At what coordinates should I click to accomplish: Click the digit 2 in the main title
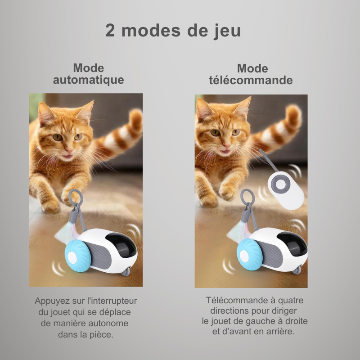(110, 31)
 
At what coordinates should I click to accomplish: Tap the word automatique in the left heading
(89, 80)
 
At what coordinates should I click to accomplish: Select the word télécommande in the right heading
(251, 80)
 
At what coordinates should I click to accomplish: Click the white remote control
(286, 190)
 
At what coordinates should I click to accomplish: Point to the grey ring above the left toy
(76, 198)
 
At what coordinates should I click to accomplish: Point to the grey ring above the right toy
(247, 197)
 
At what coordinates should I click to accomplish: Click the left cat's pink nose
(68, 150)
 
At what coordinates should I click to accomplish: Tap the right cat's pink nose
(226, 145)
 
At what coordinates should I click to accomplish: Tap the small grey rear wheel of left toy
(126, 272)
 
